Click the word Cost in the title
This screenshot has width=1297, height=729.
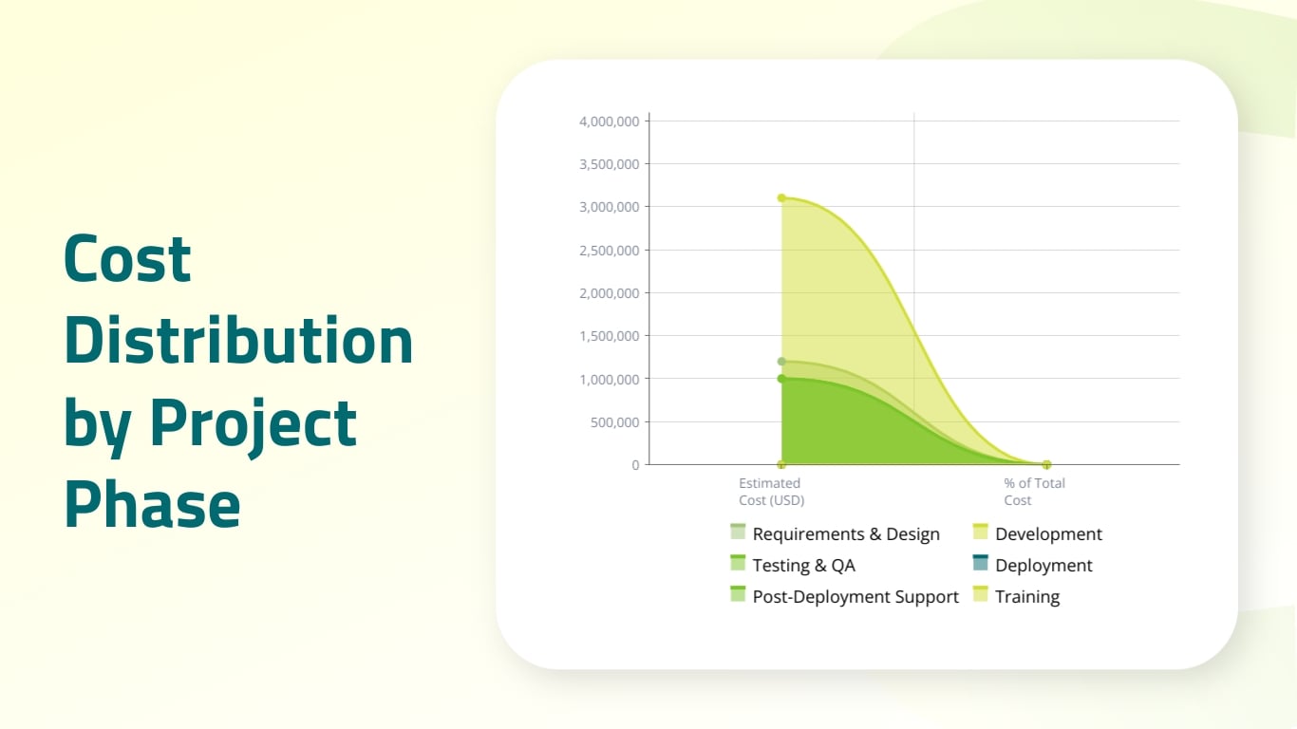[x=127, y=258]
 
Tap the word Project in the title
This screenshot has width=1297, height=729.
[x=254, y=423]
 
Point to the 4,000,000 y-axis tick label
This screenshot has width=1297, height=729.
[x=609, y=121]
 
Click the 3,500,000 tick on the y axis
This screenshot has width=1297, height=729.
[x=609, y=164]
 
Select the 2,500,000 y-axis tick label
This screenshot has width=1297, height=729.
[x=609, y=251]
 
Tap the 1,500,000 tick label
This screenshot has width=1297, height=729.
[x=609, y=336]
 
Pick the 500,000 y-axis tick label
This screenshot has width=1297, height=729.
[x=614, y=422]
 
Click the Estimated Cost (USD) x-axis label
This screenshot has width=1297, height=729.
[x=771, y=492]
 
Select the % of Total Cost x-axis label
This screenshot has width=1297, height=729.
[x=1034, y=492]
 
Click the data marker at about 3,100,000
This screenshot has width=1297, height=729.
[x=781, y=198]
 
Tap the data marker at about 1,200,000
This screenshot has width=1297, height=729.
[x=781, y=362]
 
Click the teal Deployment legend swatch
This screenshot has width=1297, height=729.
[x=981, y=564]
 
